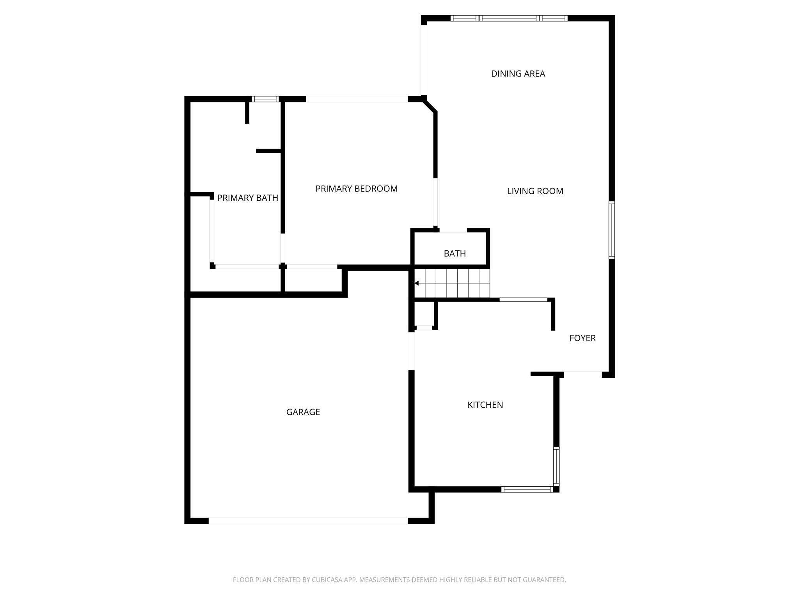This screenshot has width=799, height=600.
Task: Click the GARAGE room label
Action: tap(303, 412)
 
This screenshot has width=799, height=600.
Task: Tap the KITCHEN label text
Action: tap(485, 405)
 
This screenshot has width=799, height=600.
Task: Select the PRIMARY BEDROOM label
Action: tap(357, 189)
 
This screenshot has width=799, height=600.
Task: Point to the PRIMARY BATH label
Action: tap(248, 198)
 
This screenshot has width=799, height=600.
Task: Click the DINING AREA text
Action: tap(518, 74)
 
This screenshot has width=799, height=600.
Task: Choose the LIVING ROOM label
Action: tap(535, 191)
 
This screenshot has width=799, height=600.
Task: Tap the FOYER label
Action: tap(582, 338)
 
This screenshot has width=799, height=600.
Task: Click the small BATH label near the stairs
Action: tap(455, 254)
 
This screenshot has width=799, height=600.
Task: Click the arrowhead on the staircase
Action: tap(416, 283)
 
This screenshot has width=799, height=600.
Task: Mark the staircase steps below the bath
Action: tap(452, 283)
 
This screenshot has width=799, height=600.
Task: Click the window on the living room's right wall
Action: tap(612, 230)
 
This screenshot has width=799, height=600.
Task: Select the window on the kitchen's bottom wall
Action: tap(527, 489)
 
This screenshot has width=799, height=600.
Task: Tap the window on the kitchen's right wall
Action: tap(556, 466)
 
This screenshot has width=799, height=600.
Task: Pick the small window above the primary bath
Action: tap(265, 99)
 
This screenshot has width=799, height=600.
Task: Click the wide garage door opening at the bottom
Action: tap(308, 521)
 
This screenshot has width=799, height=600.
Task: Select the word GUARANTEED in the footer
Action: tap(544, 580)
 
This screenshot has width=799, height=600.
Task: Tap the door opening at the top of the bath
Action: tap(453, 230)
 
